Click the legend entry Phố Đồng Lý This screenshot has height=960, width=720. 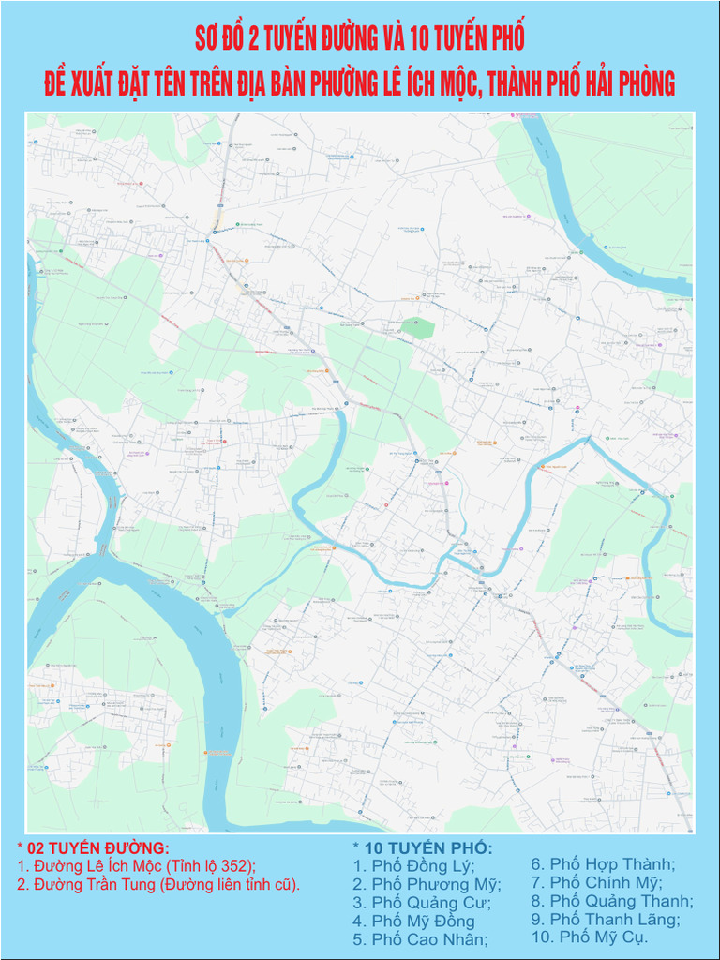[413, 865]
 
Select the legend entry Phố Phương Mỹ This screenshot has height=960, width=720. [427, 884]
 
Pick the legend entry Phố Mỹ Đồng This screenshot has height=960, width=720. [413, 922]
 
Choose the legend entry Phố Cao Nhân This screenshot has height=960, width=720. [420, 939]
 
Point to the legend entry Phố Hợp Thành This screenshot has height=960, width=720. [603, 864]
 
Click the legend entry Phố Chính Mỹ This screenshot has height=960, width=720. [596, 882]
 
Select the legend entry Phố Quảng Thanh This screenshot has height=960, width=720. [612, 901]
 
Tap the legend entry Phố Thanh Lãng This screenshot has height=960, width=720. [606, 920]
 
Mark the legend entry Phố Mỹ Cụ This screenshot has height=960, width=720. [590, 937]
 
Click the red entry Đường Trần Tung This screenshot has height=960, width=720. [158, 884]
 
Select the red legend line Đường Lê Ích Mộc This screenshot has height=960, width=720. [136, 866]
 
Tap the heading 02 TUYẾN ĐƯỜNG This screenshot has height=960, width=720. [93, 848]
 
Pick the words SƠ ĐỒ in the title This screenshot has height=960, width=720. [220, 38]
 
